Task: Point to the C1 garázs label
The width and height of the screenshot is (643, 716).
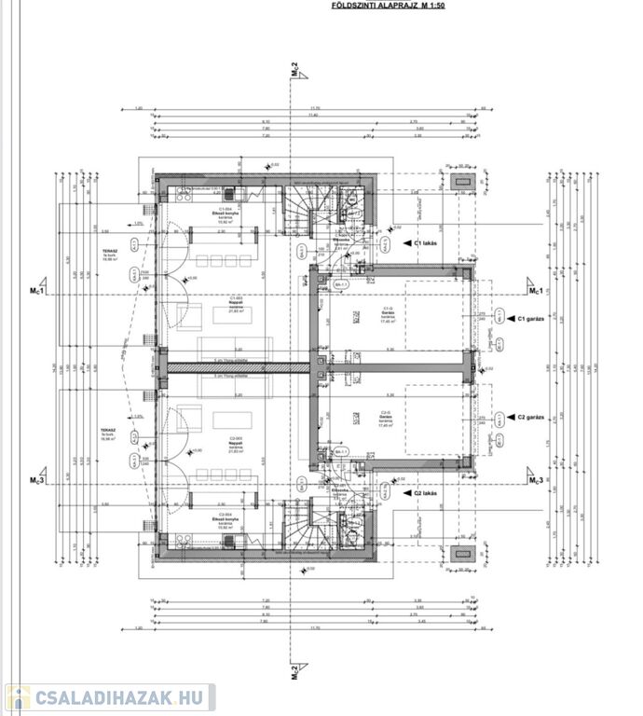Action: pos(533,319)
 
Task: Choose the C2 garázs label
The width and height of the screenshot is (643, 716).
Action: pos(533,418)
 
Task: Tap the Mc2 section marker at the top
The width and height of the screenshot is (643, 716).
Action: pos(294,70)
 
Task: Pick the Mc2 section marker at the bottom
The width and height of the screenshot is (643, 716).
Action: pos(294,668)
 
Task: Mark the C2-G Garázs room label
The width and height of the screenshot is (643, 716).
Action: pos(386,417)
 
